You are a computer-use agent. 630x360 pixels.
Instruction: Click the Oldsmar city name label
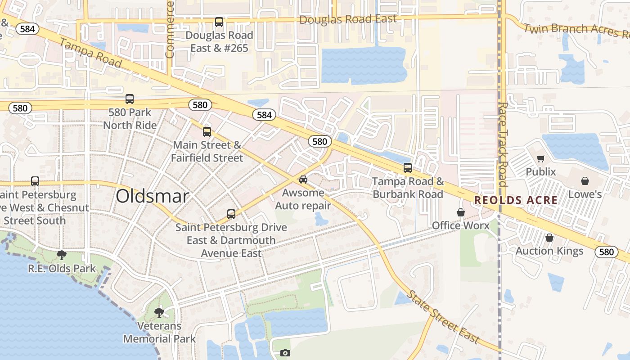coord(152,196)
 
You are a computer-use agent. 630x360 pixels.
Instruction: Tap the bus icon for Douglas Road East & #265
coord(219,22)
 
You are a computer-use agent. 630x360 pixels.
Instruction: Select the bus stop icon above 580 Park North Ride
coord(130,99)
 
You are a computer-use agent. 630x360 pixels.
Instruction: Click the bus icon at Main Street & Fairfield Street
coord(207,132)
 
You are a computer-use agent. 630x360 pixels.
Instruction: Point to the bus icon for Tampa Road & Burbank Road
coord(408,168)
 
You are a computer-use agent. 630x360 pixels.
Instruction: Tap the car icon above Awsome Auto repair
coord(303,180)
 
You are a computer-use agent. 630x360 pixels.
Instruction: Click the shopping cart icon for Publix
coord(540,158)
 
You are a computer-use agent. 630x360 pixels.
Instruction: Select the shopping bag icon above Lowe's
coord(585,181)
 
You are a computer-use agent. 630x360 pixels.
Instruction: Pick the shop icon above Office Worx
coord(460,212)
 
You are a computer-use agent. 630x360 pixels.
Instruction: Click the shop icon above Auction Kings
coord(549,238)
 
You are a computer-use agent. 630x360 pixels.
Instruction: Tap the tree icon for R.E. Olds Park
coord(62,255)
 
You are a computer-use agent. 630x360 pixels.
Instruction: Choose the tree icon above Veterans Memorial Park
coord(159,312)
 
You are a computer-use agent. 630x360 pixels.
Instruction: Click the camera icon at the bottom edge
coord(285,353)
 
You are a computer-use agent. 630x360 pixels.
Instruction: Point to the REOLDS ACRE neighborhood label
coord(516,200)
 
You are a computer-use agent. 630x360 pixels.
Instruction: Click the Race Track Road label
coord(503,144)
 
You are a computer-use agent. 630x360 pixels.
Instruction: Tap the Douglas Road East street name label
coord(348,19)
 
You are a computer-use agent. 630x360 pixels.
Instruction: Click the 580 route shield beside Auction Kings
coord(606,252)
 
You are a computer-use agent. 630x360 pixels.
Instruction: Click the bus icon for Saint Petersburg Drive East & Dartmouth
coord(231,214)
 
